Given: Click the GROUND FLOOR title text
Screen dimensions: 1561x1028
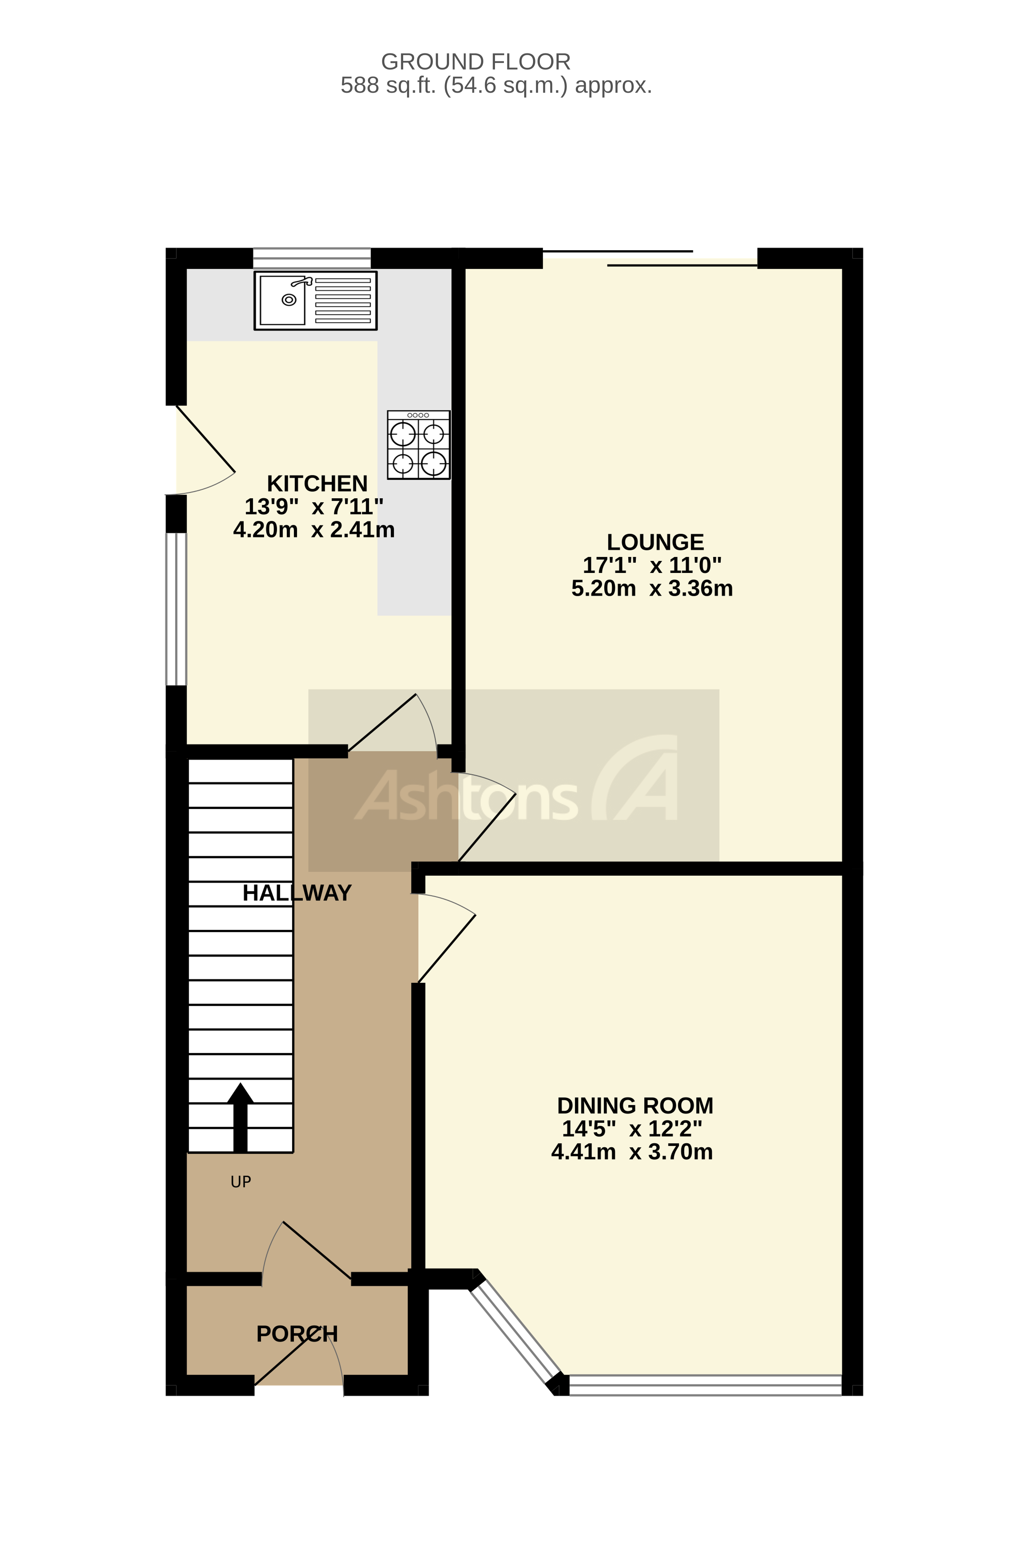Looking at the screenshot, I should point(475,62).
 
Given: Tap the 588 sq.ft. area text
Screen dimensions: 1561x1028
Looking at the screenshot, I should point(496,85).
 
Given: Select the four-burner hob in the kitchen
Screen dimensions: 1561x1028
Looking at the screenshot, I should point(419,445).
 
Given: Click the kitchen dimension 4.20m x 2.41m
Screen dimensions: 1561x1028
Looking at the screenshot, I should point(313,530).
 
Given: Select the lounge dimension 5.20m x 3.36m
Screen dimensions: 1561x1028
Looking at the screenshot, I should point(652,588).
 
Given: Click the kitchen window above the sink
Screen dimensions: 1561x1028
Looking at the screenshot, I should point(312,258).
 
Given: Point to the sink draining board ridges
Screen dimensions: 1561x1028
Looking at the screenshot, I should point(343,300).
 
